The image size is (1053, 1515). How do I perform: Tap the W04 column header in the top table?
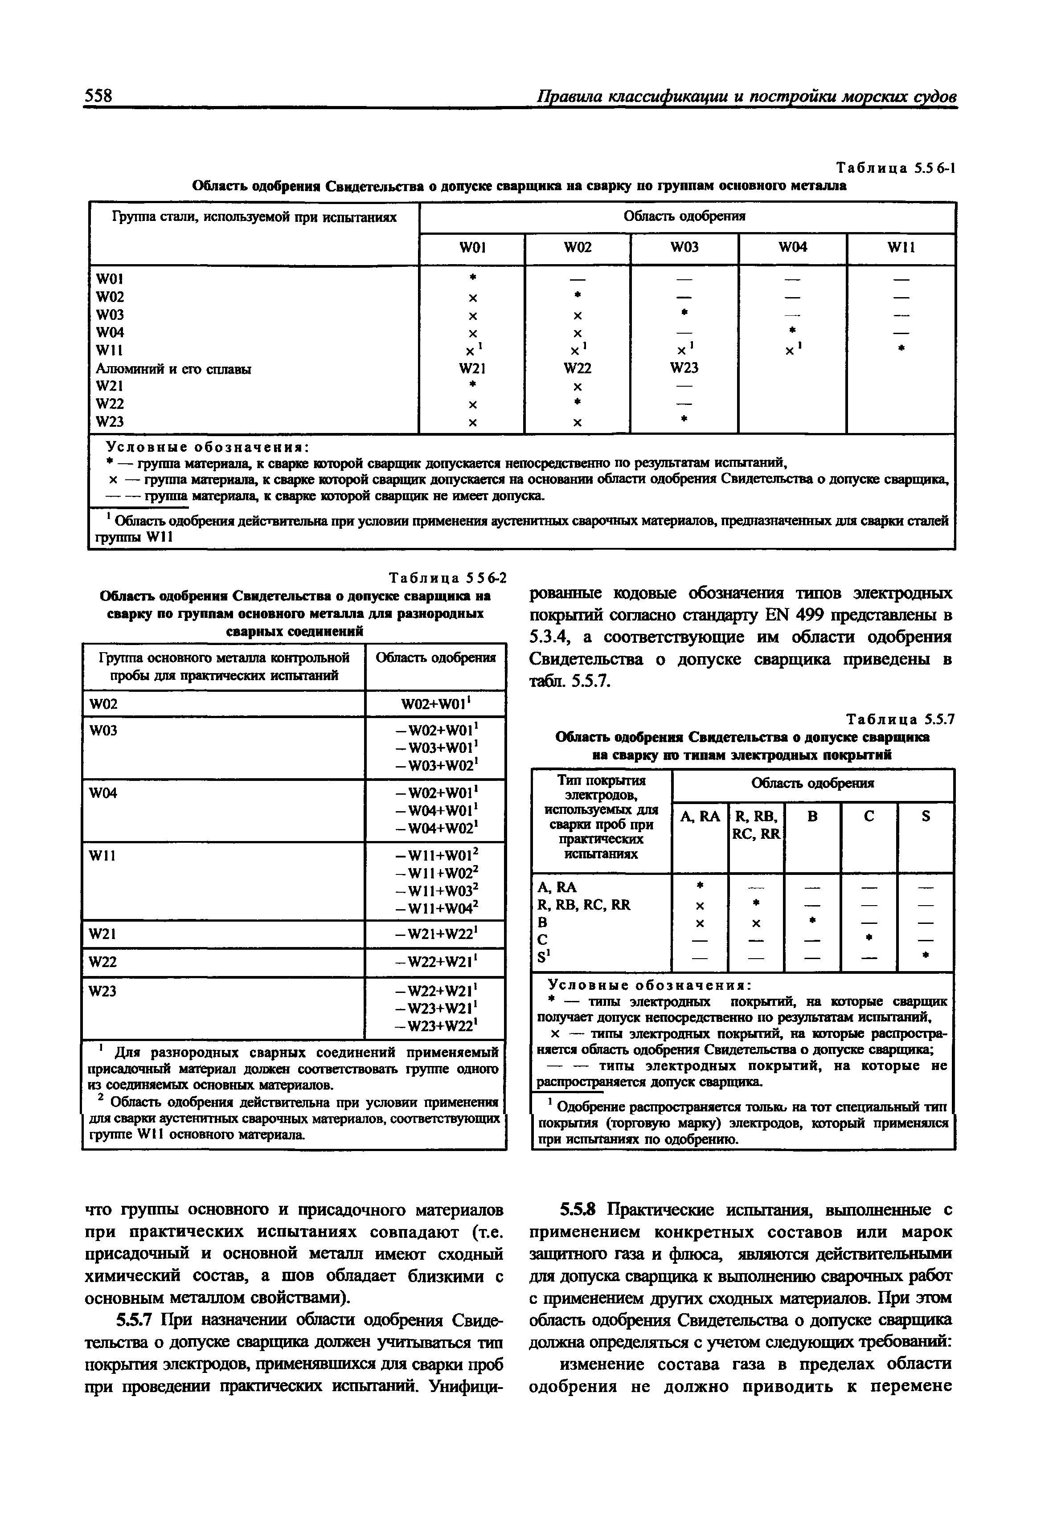click(792, 248)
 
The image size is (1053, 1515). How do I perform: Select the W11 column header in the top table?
click(901, 248)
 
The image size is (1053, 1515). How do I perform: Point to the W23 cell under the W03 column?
click(684, 368)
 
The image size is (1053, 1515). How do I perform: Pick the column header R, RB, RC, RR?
click(756, 825)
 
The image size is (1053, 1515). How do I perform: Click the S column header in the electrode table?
click(926, 817)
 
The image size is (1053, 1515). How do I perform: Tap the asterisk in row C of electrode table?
click(869, 938)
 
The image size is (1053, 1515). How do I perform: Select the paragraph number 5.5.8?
click(578, 1209)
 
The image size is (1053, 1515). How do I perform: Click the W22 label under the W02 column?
click(578, 368)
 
